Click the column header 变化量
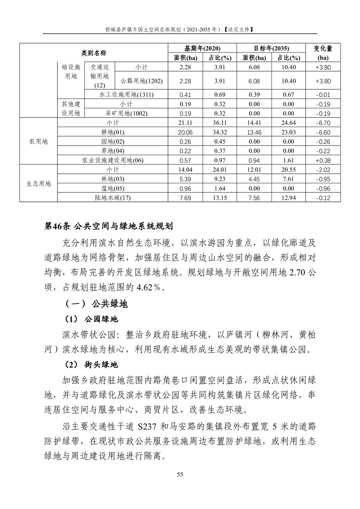click(x=323, y=49)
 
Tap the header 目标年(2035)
click(x=271, y=49)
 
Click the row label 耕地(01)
click(x=112, y=132)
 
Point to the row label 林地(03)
click(x=112, y=179)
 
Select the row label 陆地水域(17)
click(x=112, y=197)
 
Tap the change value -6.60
click(x=323, y=132)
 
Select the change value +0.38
click(x=323, y=160)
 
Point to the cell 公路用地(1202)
click(x=141, y=81)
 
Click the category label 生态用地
click(x=39, y=184)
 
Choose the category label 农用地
click(x=39, y=142)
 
